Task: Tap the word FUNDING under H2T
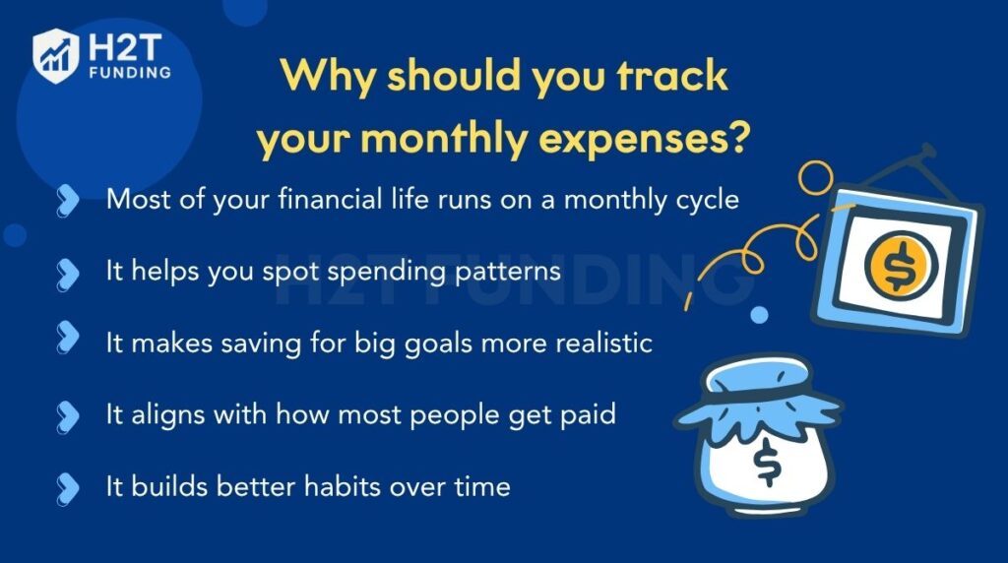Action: (128, 72)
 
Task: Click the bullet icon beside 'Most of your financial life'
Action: (68, 200)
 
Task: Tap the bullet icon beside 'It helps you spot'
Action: (68, 272)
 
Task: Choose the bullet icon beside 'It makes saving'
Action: (68, 342)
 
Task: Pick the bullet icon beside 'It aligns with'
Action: (68, 414)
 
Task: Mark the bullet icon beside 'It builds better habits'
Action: (68, 486)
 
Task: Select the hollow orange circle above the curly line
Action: (814, 178)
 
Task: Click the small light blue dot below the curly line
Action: (759, 315)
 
